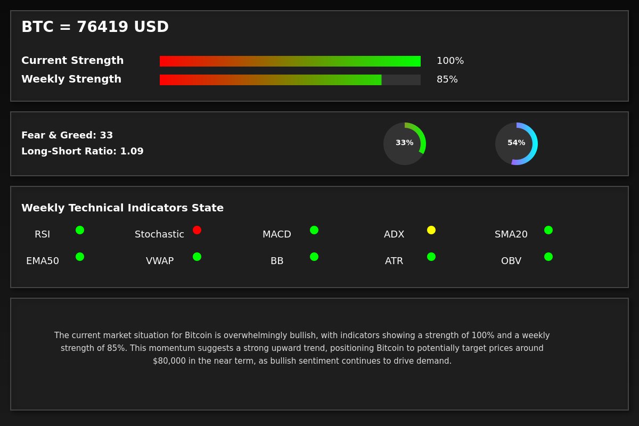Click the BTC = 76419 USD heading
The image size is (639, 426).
(95, 27)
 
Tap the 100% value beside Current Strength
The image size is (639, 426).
(450, 61)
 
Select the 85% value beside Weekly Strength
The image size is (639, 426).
(447, 79)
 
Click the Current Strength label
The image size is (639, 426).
(72, 61)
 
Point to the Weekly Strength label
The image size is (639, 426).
(71, 79)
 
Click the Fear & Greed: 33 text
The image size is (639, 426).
(67, 135)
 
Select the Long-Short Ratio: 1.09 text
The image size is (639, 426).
(83, 151)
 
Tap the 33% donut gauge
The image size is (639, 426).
(405, 144)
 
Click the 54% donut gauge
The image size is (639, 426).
(517, 144)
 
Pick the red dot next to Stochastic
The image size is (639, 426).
(197, 230)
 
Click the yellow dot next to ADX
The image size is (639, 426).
(431, 230)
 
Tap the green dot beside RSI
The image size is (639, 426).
(80, 230)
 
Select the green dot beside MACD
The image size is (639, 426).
(314, 230)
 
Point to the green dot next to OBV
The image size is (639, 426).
(548, 257)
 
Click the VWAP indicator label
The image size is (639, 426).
(160, 261)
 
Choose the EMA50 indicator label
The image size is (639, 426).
(43, 261)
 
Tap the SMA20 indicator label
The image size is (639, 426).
(511, 234)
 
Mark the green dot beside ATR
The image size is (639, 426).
(431, 257)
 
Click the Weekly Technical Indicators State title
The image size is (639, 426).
(122, 208)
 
